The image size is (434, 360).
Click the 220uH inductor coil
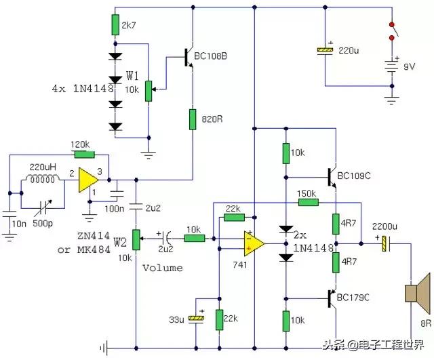point(43,180)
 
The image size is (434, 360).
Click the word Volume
point(163,268)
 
